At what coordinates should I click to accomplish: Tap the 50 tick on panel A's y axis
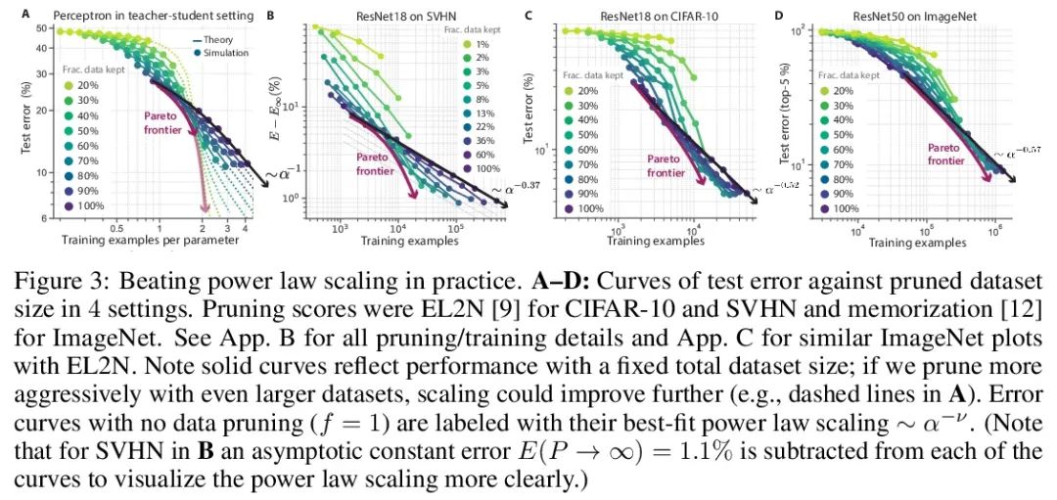[x=43, y=28]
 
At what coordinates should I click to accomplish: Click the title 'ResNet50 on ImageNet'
[x=909, y=16]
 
